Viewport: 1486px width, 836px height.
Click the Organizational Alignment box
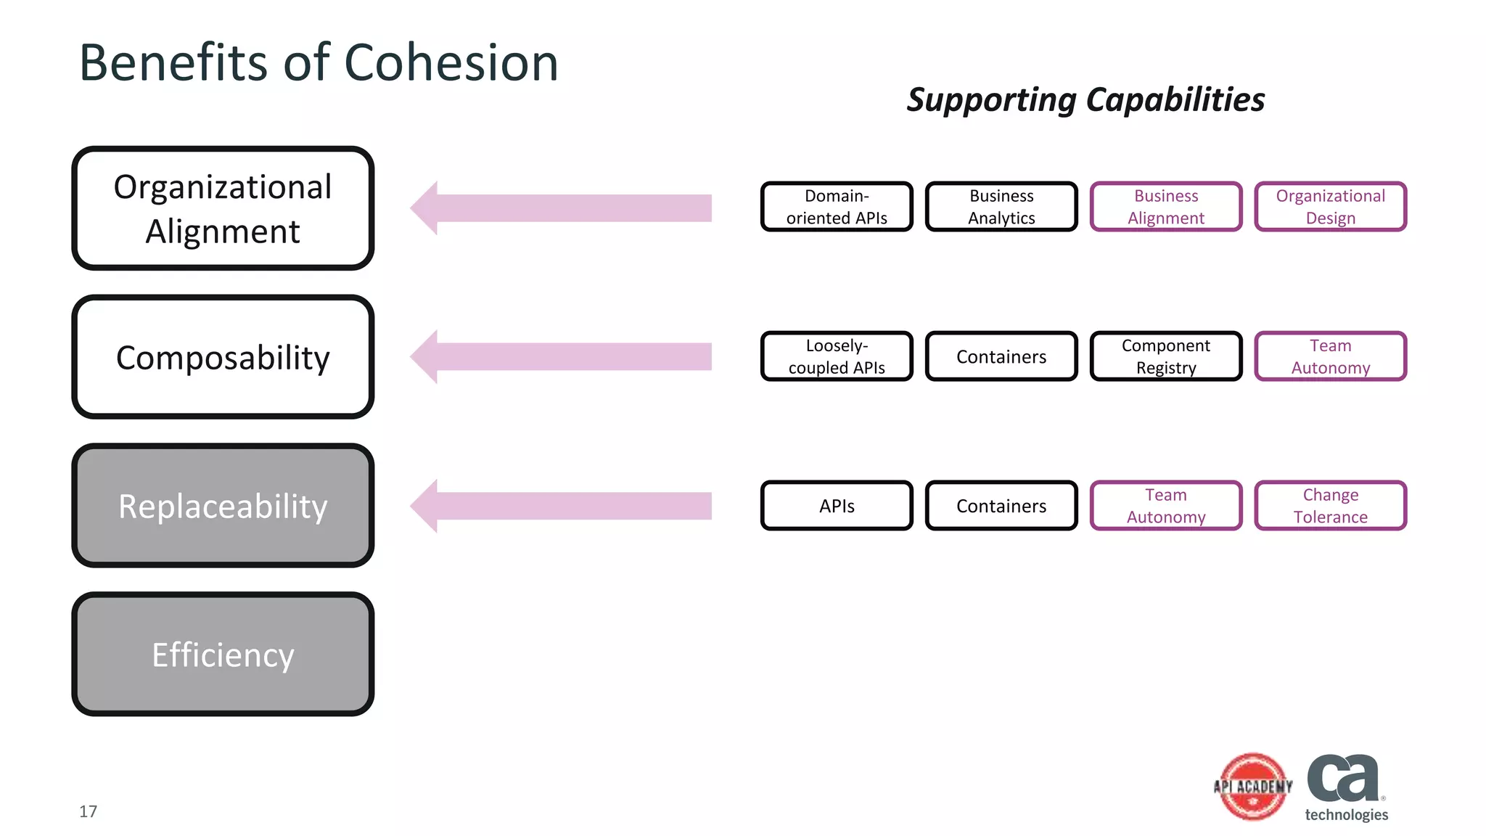click(x=223, y=208)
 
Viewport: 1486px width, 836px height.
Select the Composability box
click(x=223, y=357)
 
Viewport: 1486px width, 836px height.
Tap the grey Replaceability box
click(x=223, y=506)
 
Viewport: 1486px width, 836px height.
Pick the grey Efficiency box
click(x=223, y=655)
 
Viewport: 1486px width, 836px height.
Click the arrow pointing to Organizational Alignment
click(x=560, y=208)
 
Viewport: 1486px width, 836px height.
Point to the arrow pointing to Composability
click(x=560, y=356)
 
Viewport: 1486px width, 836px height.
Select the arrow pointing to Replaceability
click(x=560, y=506)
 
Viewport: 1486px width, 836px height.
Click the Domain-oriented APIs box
click(x=837, y=207)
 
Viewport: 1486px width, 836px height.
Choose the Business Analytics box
click(x=1001, y=207)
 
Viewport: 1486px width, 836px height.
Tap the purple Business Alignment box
click(x=1166, y=207)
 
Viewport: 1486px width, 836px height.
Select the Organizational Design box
click(x=1330, y=207)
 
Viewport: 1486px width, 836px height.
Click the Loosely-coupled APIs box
click(x=837, y=356)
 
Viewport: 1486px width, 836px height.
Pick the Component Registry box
click(x=1166, y=356)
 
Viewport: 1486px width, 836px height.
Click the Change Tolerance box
click(x=1330, y=506)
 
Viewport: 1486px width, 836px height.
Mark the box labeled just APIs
click(x=837, y=506)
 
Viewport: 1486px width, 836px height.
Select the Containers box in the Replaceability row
click(x=1001, y=506)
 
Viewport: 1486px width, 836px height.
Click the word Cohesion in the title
click(x=451, y=63)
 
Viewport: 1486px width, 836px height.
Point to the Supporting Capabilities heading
click(x=1085, y=99)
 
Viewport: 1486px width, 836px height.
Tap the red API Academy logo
click(x=1253, y=787)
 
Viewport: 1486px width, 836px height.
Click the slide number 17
click(x=88, y=811)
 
